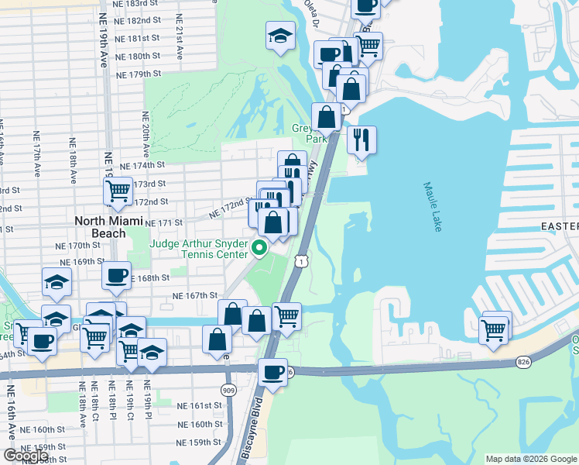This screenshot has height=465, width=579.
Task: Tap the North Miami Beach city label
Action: pos(110,226)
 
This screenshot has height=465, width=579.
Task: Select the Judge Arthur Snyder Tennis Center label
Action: pos(199,249)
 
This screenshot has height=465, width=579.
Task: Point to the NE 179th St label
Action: pos(138,74)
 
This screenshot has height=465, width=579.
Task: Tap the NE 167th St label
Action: pos(194,296)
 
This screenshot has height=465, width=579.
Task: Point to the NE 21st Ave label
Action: pos(179,37)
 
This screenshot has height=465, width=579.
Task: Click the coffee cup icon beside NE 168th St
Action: pos(116,275)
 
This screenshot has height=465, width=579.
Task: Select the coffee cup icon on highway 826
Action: pos(272,372)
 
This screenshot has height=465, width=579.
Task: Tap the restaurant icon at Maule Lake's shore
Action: pos(361,140)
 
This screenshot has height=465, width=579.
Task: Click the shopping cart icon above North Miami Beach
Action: pos(118,191)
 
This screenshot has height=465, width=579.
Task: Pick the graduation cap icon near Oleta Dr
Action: pos(279,35)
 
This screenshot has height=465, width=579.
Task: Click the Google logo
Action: pos(25,456)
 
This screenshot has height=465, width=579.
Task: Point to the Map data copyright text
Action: pos(530,459)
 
